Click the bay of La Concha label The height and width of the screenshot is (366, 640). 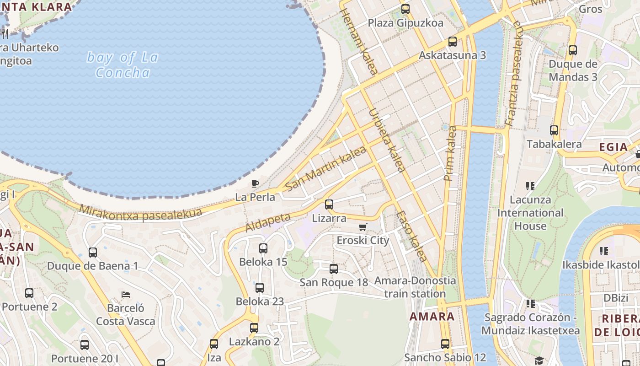[123, 65]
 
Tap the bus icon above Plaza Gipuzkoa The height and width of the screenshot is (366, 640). [405, 9]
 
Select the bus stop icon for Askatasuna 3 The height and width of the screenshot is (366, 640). [453, 42]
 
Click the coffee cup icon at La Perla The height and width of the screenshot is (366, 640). [255, 184]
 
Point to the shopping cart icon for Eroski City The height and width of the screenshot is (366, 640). [363, 227]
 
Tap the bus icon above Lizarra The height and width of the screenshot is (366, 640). [329, 205]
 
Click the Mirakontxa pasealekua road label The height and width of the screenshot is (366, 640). [140, 213]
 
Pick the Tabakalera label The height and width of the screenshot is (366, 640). [554, 144]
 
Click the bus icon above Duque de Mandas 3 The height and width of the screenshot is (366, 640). [573, 50]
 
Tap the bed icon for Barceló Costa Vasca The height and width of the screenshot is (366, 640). [126, 294]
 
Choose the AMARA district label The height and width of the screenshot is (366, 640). [432, 316]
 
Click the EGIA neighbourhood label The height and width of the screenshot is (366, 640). [613, 147]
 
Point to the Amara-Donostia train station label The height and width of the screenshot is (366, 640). [415, 287]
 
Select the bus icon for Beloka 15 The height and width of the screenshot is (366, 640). [263, 248]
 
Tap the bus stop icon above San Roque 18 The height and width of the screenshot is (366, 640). [334, 269]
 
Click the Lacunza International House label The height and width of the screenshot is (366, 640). [530, 213]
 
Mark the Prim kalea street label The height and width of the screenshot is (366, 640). [450, 153]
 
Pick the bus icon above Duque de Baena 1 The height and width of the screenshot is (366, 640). [93, 252]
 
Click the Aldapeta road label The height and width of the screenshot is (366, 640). [268, 222]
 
